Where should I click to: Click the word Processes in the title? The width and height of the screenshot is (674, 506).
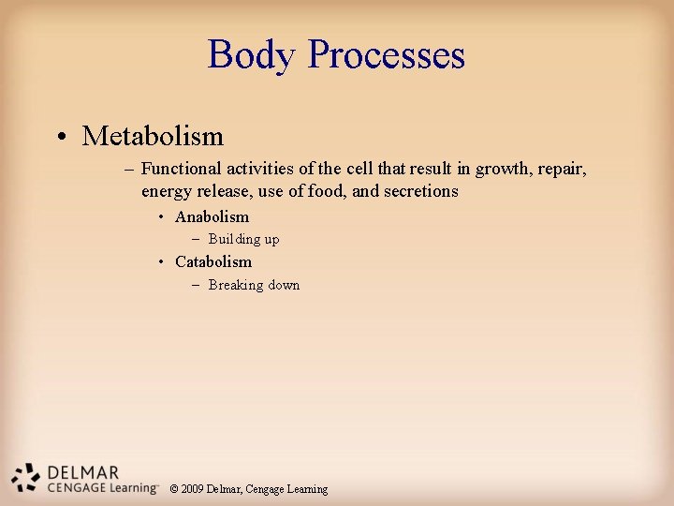click(387, 54)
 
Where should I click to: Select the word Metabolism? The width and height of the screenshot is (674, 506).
click(153, 137)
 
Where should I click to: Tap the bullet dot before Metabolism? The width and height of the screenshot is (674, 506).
click(59, 138)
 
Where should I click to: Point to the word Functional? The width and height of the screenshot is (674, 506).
click(182, 170)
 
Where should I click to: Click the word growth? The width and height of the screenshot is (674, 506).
click(502, 170)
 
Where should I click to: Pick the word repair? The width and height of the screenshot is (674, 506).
click(562, 170)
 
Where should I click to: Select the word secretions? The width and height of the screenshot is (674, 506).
click(421, 191)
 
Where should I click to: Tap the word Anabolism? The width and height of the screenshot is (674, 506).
click(212, 217)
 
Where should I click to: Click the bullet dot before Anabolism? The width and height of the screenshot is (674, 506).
click(162, 217)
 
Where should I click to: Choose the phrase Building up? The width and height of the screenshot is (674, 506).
click(243, 239)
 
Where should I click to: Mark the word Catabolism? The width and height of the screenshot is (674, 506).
click(213, 262)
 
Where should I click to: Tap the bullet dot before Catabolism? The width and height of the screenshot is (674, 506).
click(162, 262)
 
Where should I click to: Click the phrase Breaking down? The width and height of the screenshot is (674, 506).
click(254, 285)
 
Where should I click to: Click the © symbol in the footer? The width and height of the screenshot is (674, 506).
click(174, 489)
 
